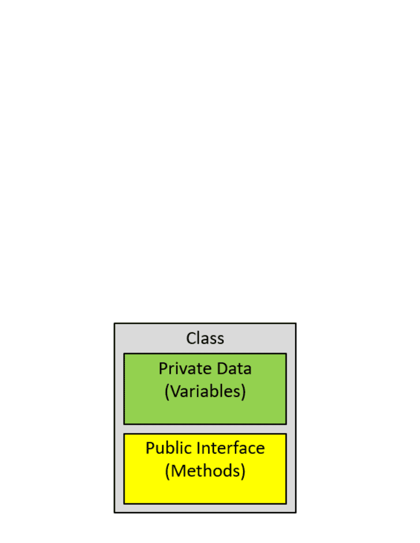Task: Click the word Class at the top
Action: [x=205, y=338]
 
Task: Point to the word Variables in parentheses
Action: [x=205, y=391]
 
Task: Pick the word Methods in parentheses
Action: [x=205, y=471]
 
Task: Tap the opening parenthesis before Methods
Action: [x=168, y=471]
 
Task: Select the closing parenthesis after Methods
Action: [x=243, y=471]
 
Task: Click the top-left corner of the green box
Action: [x=124, y=354]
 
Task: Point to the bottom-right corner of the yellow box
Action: [x=286, y=503]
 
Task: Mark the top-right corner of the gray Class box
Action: [x=296, y=324]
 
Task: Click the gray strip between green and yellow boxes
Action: [x=205, y=429]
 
